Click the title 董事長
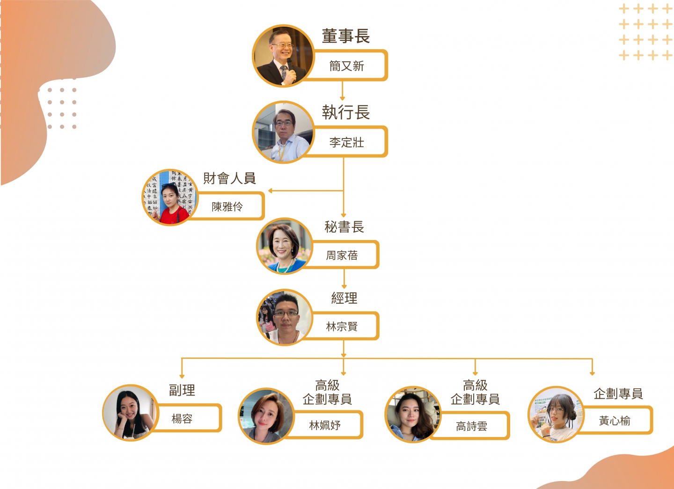click(346, 36)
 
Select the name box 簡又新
click(347, 66)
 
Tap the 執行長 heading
click(346, 112)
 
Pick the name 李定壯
click(347, 142)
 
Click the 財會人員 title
click(229, 178)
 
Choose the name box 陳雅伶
click(227, 206)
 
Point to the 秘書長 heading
click(344, 227)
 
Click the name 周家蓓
click(342, 255)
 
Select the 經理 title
click(344, 298)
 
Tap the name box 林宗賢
click(342, 327)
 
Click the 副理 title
click(182, 390)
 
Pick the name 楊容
click(182, 418)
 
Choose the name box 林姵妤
click(325, 425)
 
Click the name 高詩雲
click(472, 426)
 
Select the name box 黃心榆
click(615, 421)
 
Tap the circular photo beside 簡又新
click(283, 56)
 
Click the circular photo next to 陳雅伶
click(169, 197)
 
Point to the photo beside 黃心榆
click(556, 414)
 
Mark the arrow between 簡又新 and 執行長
click(343, 91)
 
